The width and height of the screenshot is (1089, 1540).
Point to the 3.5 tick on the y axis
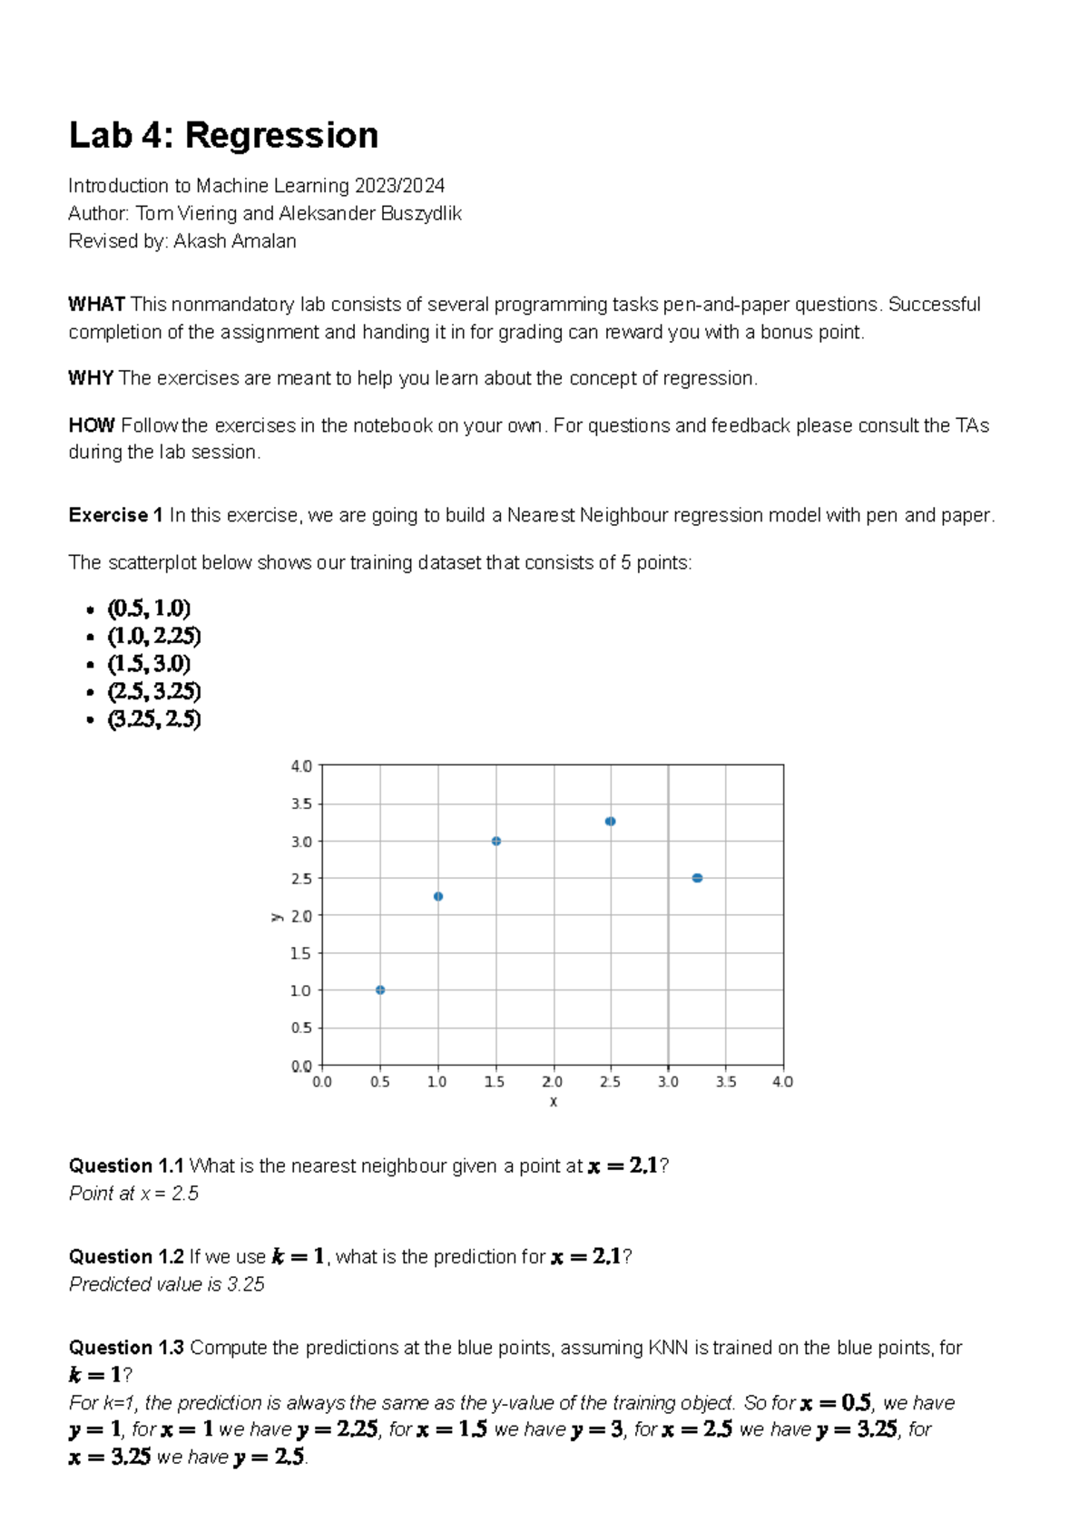pyautogui.click(x=302, y=804)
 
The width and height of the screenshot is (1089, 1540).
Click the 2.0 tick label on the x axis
pyautogui.click(x=552, y=1082)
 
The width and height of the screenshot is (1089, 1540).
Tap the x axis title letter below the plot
pyautogui.click(x=553, y=1102)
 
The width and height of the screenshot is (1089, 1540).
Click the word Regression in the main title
pyautogui.click(x=281, y=136)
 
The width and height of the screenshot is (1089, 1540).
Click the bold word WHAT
pyautogui.click(x=96, y=305)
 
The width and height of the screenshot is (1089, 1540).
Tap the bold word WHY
pyautogui.click(x=91, y=378)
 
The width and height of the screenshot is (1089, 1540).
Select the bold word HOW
pyautogui.click(x=92, y=425)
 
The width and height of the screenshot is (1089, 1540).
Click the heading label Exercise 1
pyautogui.click(x=115, y=515)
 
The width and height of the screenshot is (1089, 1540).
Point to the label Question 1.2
pyautogui.click(x=126, y=1257)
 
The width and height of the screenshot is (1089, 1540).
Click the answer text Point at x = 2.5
pyautogui.click(x=133, y=1194)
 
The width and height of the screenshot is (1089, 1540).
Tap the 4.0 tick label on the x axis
pyautogui.click(x=782, y=1082)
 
